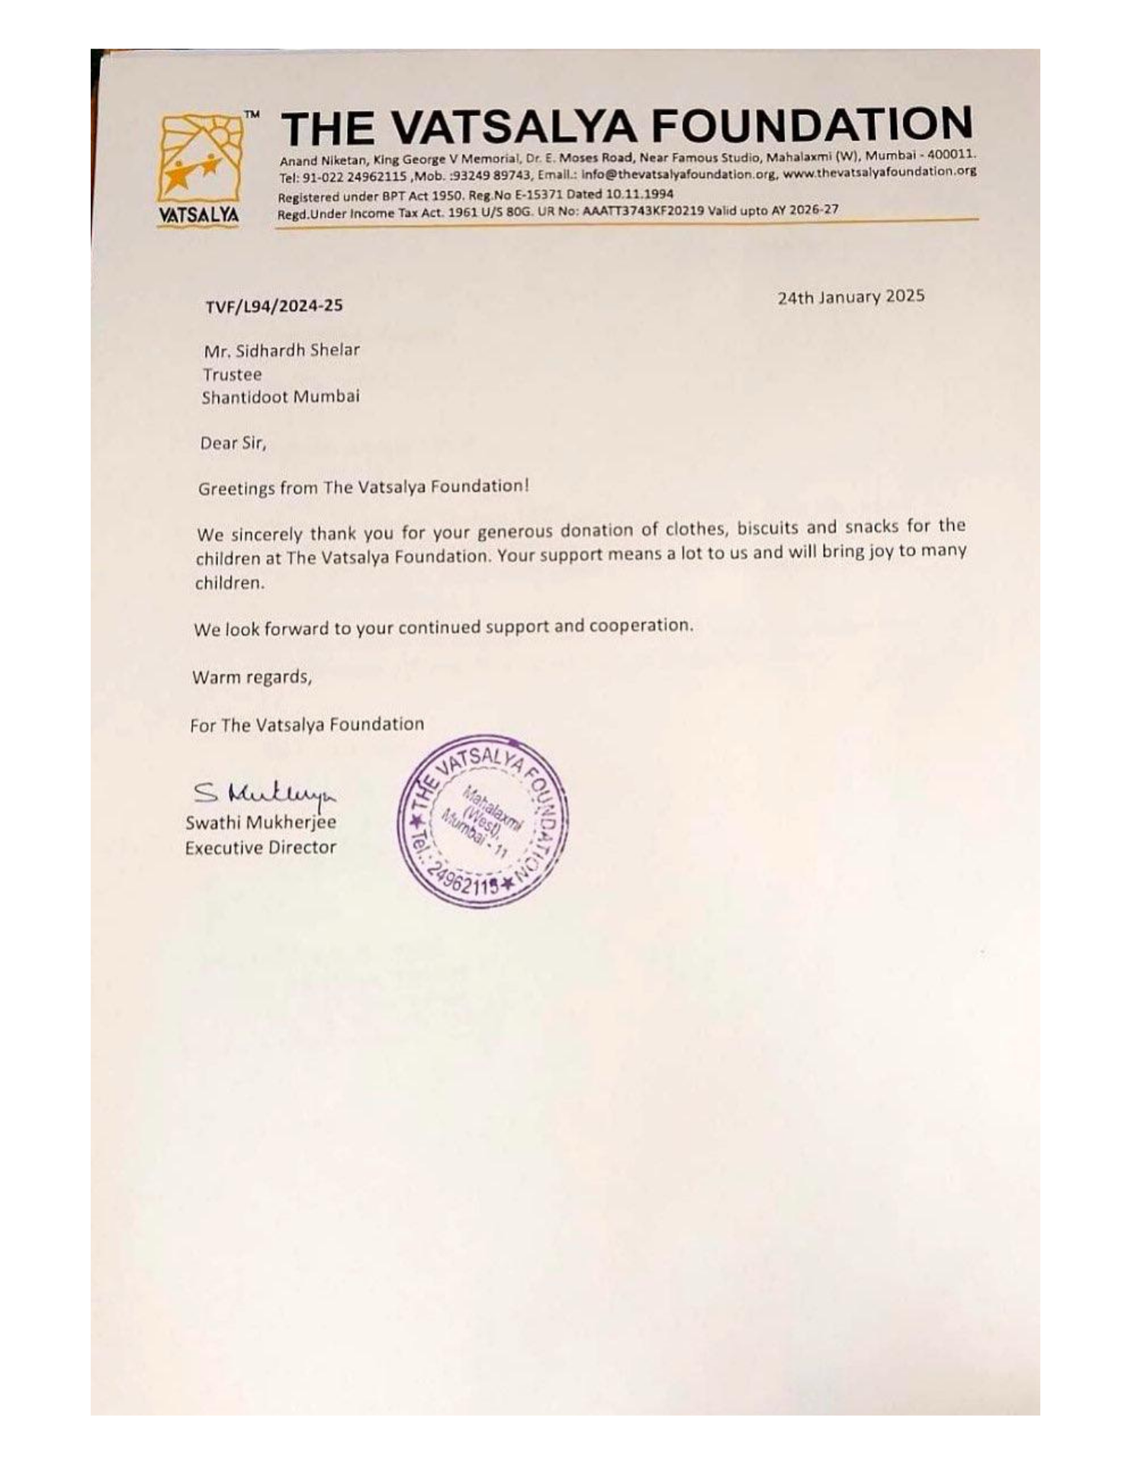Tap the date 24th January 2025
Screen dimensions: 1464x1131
[850, 297]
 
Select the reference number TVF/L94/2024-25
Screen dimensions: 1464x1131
[274, 306]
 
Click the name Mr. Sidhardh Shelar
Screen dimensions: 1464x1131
[281, 350]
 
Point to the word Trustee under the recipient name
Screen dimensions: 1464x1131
[232, 374]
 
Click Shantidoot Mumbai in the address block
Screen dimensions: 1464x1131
[280, 396]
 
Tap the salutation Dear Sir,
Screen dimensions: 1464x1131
[233, 443]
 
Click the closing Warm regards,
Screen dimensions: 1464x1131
[252, 677]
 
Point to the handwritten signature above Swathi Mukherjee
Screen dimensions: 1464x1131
[263, 793]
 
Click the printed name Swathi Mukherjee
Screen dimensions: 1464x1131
[260, 823]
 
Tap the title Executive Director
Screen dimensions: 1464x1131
[260, 848]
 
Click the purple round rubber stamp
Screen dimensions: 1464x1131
[482, 822]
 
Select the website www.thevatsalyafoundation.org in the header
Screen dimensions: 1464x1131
[879, 172]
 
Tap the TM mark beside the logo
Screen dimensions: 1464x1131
[252, 114]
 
